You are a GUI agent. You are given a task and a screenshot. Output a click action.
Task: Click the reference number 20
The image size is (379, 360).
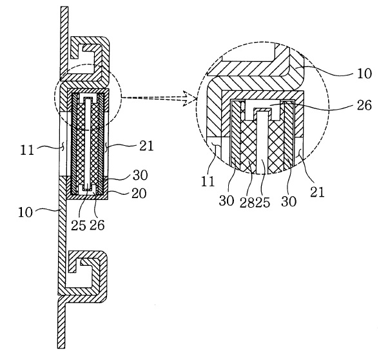(x=139, y=194)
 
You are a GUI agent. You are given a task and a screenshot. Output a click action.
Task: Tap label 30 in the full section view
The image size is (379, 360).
(x=140, y=175)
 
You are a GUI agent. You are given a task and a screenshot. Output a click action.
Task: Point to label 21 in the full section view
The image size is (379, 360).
(x=146, y=146)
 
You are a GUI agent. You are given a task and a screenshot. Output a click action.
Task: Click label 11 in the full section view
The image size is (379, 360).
(x=27, y=150)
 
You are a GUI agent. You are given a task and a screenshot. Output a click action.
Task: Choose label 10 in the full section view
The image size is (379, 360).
(x=25, y=212)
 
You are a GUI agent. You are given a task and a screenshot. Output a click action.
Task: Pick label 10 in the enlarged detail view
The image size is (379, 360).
(x=364, y=74)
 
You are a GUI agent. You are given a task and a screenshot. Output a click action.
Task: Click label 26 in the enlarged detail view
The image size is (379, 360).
(x=364, y=105)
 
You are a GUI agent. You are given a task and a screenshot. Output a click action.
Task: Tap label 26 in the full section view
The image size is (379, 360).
(x=97, y=225)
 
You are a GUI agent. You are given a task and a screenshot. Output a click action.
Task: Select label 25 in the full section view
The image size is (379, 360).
(x=79, y=225)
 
